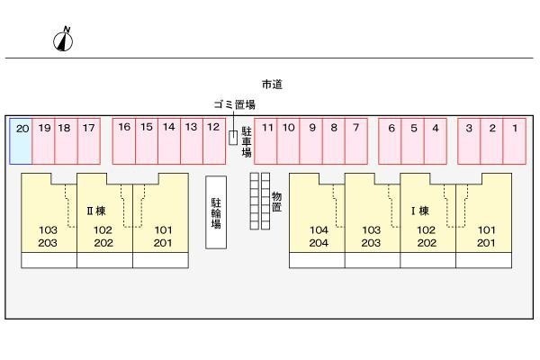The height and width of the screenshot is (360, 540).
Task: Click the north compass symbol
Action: pos(64,39)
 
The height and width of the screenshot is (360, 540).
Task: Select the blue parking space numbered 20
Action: pos(22,140)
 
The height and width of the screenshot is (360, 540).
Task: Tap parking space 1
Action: pos(514,140)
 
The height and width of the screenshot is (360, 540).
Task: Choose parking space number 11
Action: pos(267,140)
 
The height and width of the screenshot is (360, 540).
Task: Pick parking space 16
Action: pos(124,140)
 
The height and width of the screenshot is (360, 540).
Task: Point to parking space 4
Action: pos(435,140)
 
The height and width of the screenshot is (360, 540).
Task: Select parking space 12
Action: pos(212,140)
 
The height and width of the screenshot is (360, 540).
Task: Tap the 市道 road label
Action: pos(272,84)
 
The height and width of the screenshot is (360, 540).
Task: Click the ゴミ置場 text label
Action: pos(235,104)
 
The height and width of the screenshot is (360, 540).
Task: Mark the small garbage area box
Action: pos(233,137)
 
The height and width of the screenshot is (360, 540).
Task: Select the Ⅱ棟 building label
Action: pos(96,211)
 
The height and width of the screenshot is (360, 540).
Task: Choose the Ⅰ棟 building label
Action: pos(419,211)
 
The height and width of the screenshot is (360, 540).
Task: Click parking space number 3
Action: pos(469,140)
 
